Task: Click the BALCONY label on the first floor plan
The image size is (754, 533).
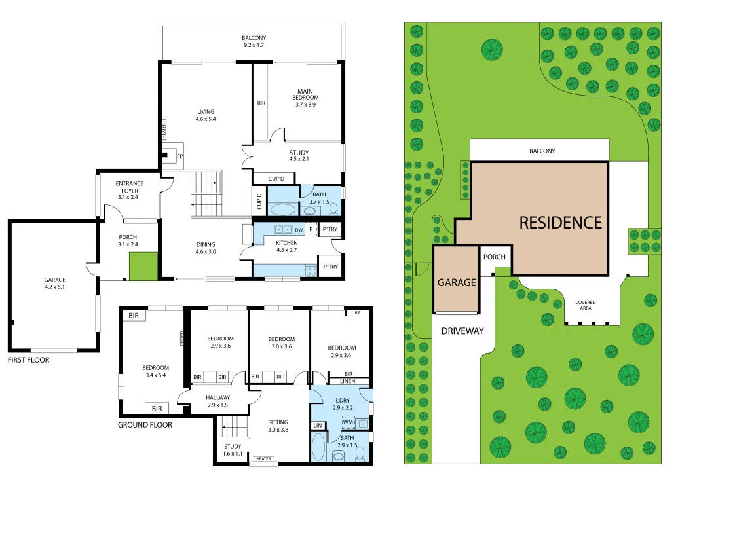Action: (x=254, y=38)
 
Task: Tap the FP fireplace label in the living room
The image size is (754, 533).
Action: (x=180, y=156)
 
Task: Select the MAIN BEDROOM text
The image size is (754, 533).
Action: (x=305, y=94)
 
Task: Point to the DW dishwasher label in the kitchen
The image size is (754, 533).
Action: (x=299, y=230)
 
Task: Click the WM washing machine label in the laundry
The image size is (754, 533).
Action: (x=348, y=422)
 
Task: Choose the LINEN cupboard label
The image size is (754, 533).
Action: (x=348, y=381)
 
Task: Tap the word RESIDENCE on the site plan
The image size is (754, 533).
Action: (x=561, y=223)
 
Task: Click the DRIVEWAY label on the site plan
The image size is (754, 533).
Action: (x=462, y=331)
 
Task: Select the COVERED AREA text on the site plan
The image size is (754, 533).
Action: (x=586, y=305)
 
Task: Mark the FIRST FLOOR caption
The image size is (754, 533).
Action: (x=28, y=360)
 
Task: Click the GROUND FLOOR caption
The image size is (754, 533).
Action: (x=145, y=425)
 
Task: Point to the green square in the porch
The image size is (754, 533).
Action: (x=143, y=266)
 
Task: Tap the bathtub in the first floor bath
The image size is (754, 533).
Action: (x=283, y=210)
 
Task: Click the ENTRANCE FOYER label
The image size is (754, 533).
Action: (x=129, y=187)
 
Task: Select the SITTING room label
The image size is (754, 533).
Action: (x=278, y=422)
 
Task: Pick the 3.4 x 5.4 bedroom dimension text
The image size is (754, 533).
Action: (x=156, y=375)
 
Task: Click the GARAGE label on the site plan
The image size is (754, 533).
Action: (x=457, y=283)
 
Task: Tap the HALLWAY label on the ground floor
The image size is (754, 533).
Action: (x=218, y=397)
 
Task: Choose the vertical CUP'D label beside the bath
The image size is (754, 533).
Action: (x=259, y=202)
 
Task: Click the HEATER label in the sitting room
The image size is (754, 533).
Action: (x=263, y=459)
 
